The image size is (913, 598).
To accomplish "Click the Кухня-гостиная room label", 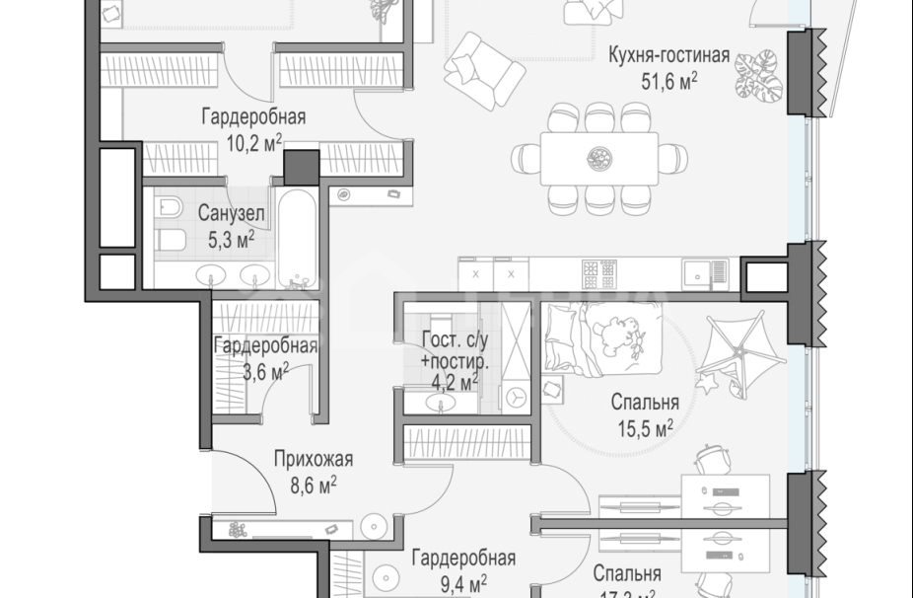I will click(669, 55).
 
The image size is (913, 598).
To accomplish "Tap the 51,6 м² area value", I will click(669, 80).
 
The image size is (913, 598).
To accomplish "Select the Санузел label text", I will click(229, 212).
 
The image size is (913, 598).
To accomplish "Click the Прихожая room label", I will click(313, 459).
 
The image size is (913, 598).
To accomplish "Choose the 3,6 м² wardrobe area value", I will click(263, 371).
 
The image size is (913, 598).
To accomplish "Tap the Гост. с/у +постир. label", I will click(449, 349).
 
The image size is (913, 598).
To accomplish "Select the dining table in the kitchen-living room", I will click(597, 157).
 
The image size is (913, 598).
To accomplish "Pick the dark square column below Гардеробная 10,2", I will click(302, 166).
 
